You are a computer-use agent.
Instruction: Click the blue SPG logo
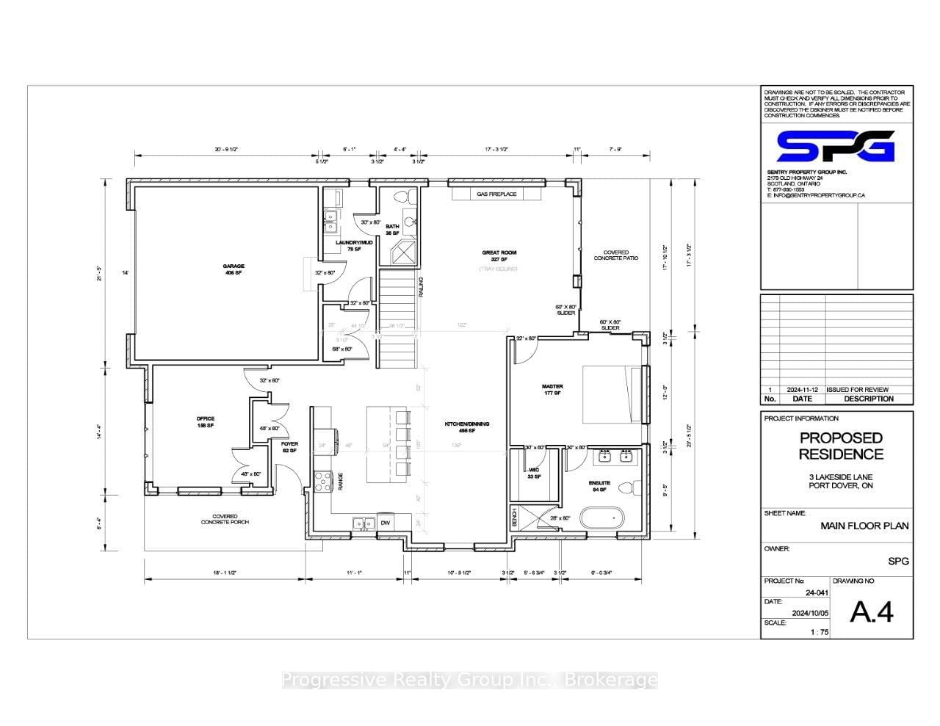[x=836, y=146]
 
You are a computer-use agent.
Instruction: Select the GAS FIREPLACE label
[x=496, y=195]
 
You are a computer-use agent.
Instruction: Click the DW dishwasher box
[x=386, y=523]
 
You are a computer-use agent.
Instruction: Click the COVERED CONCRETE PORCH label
[x=225, y=519]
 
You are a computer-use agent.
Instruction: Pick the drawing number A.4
[x=872, y=611]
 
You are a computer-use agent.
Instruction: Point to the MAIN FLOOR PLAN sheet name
[x=864, y=526]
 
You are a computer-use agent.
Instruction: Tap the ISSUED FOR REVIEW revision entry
[x=857, y=390]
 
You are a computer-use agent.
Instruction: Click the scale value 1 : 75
[x=819, y=631]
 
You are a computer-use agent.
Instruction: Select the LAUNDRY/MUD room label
[x=354, y=245]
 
